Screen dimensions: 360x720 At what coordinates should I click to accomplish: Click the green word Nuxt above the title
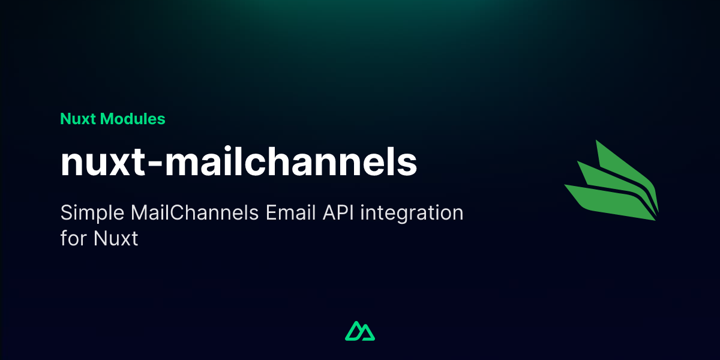coord(78,119)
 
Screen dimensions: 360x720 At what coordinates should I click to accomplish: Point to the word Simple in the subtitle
coord(89,214)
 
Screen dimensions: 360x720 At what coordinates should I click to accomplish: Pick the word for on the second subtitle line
coord(73,239)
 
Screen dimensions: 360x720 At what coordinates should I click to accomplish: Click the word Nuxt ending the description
coord(116,239)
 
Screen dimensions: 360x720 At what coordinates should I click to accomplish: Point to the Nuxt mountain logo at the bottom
coord(360,331)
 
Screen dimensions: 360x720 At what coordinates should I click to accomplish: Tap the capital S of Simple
coord(65,214)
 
